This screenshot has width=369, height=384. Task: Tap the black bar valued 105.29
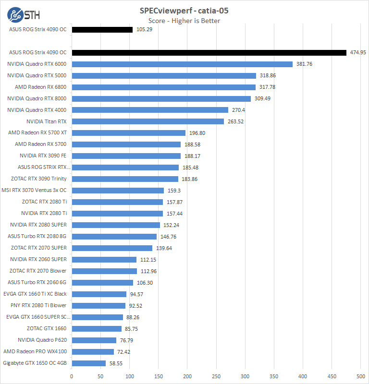[x=102, y=30]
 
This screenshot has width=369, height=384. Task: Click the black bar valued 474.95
[x=209, y=52]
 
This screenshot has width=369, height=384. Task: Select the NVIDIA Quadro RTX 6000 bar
[x=182, y=64]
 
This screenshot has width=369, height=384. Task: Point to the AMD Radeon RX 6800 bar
[x=163, y=87]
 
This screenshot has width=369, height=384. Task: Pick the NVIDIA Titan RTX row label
[x=47, y=121]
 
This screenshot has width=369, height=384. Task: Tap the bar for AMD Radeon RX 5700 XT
[x=128, y=133]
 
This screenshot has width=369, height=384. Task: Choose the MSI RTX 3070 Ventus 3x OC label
[x=34, y=190]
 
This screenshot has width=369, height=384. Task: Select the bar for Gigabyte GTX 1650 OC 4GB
[x=88, y=363]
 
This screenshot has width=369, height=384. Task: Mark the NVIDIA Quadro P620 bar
[x=94, y=340]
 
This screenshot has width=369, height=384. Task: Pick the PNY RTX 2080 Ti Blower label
[x=38, y=305]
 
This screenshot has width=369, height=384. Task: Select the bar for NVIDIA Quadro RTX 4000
[x=150, y=110]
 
